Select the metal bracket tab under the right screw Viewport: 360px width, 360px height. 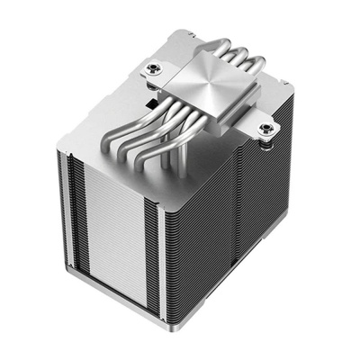click(262, 138)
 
